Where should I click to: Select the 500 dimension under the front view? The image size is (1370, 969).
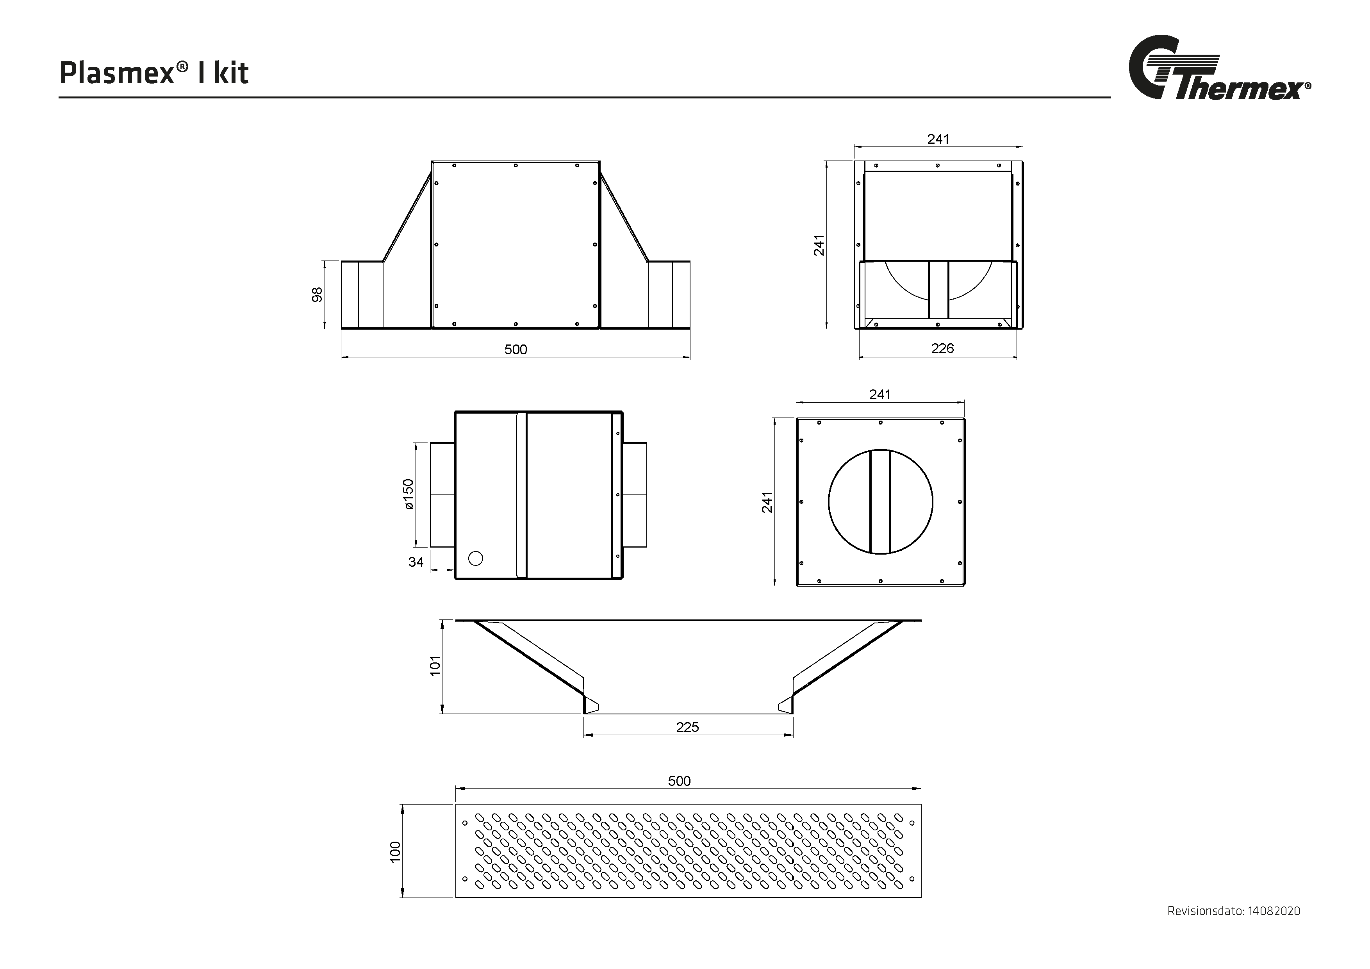point(516,350)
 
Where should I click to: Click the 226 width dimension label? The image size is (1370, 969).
point(942,348)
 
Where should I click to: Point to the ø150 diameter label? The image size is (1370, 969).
point(408,494)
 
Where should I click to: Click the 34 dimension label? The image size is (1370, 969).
point(416,562)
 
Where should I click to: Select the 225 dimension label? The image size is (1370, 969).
point(687,727)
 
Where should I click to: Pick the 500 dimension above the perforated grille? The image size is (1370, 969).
point(679,781)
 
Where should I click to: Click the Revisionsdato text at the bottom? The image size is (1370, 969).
point(1233,928)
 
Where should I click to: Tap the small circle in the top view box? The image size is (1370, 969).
point(476,559)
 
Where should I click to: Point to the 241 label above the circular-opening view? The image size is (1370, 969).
point(879,394)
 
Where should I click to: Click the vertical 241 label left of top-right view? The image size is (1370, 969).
point(819,245)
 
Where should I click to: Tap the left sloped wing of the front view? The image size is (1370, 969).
point(407,218)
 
